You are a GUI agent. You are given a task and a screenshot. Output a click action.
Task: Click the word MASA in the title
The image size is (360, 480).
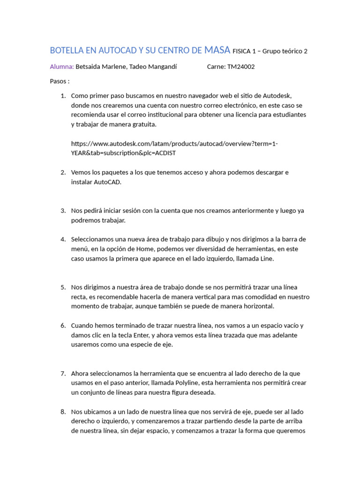(217, 50)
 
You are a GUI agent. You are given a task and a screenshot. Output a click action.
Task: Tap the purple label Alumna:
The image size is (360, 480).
(62, 67)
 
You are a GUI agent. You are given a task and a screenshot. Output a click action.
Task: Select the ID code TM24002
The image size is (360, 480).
(241, 67)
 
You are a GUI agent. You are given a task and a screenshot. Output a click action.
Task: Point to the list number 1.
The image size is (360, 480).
(63, 96)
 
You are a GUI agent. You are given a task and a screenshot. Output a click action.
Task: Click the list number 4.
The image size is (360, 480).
(63, 239)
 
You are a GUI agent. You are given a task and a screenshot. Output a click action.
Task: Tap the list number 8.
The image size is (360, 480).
(63, 412)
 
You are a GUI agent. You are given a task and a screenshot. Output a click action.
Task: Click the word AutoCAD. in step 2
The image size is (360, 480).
(108, 182)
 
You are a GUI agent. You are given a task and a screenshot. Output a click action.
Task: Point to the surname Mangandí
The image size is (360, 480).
(160, 67)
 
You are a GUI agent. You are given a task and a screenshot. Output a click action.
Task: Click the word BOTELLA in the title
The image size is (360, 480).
(65, 50)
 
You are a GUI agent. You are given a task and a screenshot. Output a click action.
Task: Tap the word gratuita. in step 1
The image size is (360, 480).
(142, 124)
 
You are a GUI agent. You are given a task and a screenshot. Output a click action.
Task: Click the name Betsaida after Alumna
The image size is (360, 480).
(90, 67)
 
